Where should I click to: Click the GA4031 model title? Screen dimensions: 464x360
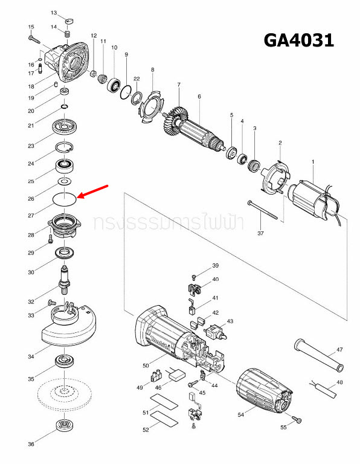298,40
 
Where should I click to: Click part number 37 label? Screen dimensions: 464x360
260,233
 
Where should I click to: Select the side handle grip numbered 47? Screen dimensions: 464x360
317,355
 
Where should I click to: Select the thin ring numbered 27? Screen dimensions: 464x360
63,198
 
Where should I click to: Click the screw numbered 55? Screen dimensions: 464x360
296,419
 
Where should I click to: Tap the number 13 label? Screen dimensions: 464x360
54,13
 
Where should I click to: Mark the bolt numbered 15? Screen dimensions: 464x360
34,38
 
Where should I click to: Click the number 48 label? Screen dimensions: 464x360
339,383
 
